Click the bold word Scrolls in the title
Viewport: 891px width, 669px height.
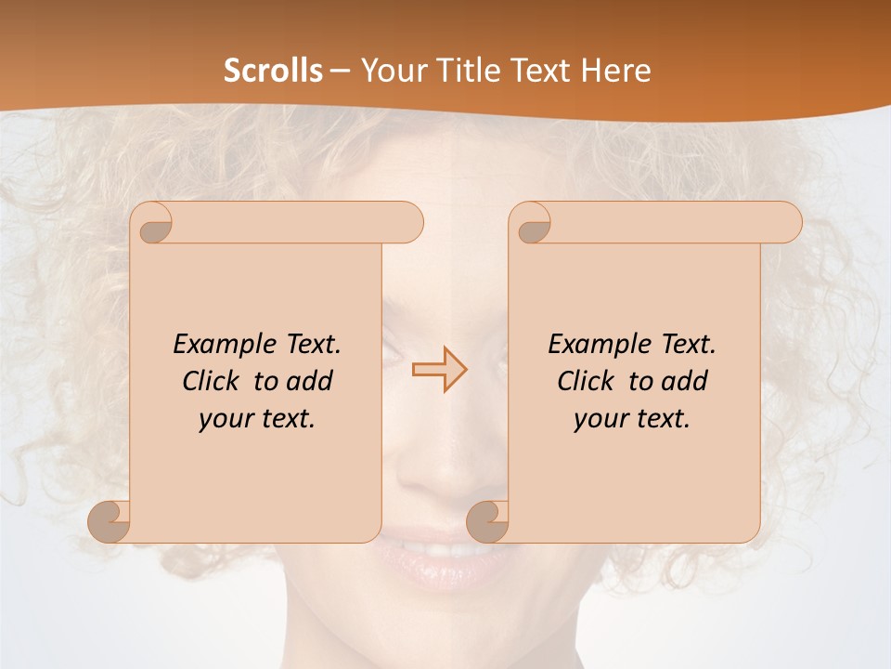coord(273,71)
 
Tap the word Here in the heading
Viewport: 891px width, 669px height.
coord(616,71)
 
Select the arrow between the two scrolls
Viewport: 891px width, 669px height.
coord(440,369)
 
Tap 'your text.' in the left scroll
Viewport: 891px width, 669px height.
coord(257,418)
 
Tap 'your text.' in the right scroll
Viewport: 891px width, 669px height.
coord(632,418)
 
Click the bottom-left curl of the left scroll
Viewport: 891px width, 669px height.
coord(110,521)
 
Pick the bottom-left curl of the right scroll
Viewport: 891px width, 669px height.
coord(489,521)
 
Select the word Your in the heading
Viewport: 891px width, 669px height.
coord(394,71)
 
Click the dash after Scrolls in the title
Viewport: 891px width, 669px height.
coord(340,71)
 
